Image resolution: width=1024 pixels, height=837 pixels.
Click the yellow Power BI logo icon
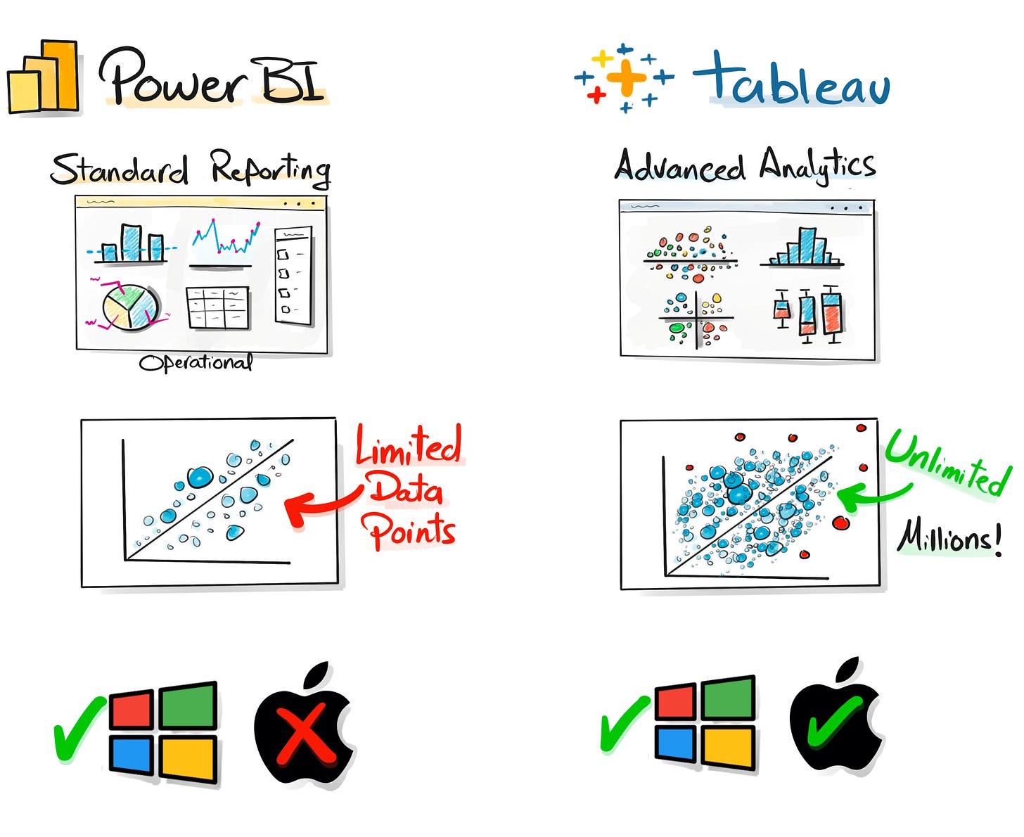(44, 79)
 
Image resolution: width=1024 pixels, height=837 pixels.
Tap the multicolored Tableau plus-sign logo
(623, 77)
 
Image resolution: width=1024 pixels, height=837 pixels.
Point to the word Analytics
(817, 166)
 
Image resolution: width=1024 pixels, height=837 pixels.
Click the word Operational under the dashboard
(196, 363)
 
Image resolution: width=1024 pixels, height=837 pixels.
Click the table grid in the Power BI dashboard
(218, 307)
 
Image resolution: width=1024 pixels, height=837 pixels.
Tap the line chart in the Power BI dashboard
(224, 239)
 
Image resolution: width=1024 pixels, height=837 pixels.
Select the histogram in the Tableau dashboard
(802, 247)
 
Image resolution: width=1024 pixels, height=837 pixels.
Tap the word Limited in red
(408, 446)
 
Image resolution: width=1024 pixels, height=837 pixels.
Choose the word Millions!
(949, 538)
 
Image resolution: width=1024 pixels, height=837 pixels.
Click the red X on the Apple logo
(305, 736)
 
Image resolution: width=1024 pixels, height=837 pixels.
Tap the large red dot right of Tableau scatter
(840, 523)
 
